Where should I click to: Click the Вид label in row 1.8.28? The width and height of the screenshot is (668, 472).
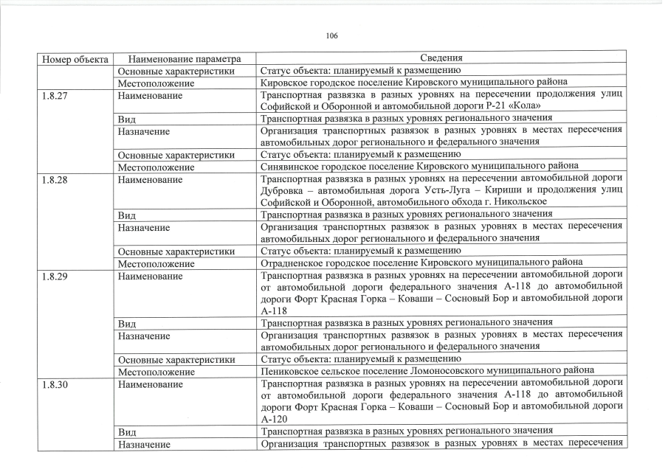[126, 214]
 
